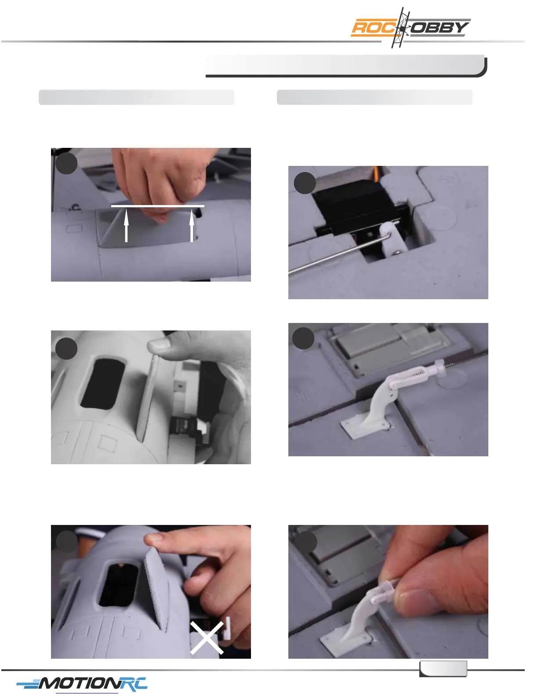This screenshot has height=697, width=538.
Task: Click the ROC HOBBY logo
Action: (x=411, y=28)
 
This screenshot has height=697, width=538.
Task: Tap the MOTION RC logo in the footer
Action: (x=82, y=683)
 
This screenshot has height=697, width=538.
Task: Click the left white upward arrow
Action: (x=126, y=225)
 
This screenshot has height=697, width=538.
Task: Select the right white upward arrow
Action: (x=192, y=225)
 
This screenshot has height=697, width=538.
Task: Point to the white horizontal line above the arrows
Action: (x=158, y=206)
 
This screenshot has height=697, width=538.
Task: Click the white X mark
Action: (x=207, y=638)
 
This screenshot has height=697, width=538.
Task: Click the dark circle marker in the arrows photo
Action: (x=66, y=163)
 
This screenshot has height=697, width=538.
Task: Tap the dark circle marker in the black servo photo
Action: (x=305, y=183)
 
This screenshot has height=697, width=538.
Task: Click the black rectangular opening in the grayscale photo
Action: (x=102, y=384)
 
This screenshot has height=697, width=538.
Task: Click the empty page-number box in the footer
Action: (x=443, y=669)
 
